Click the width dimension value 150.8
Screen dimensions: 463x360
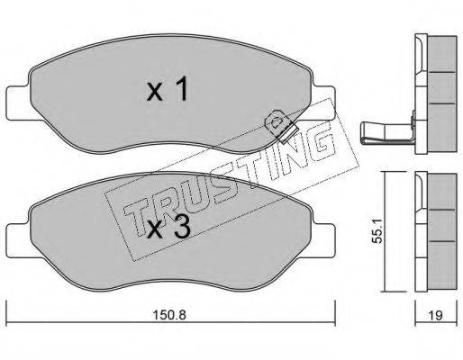169,315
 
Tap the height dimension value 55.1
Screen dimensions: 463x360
377,230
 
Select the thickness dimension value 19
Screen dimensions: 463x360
436,315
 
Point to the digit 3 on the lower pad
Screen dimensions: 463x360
183,227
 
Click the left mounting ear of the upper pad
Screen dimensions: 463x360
19,103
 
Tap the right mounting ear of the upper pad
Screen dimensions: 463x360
323,103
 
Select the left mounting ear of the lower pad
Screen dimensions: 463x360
19,240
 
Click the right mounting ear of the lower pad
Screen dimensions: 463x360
323,240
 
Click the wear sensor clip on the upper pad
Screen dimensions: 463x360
281,125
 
